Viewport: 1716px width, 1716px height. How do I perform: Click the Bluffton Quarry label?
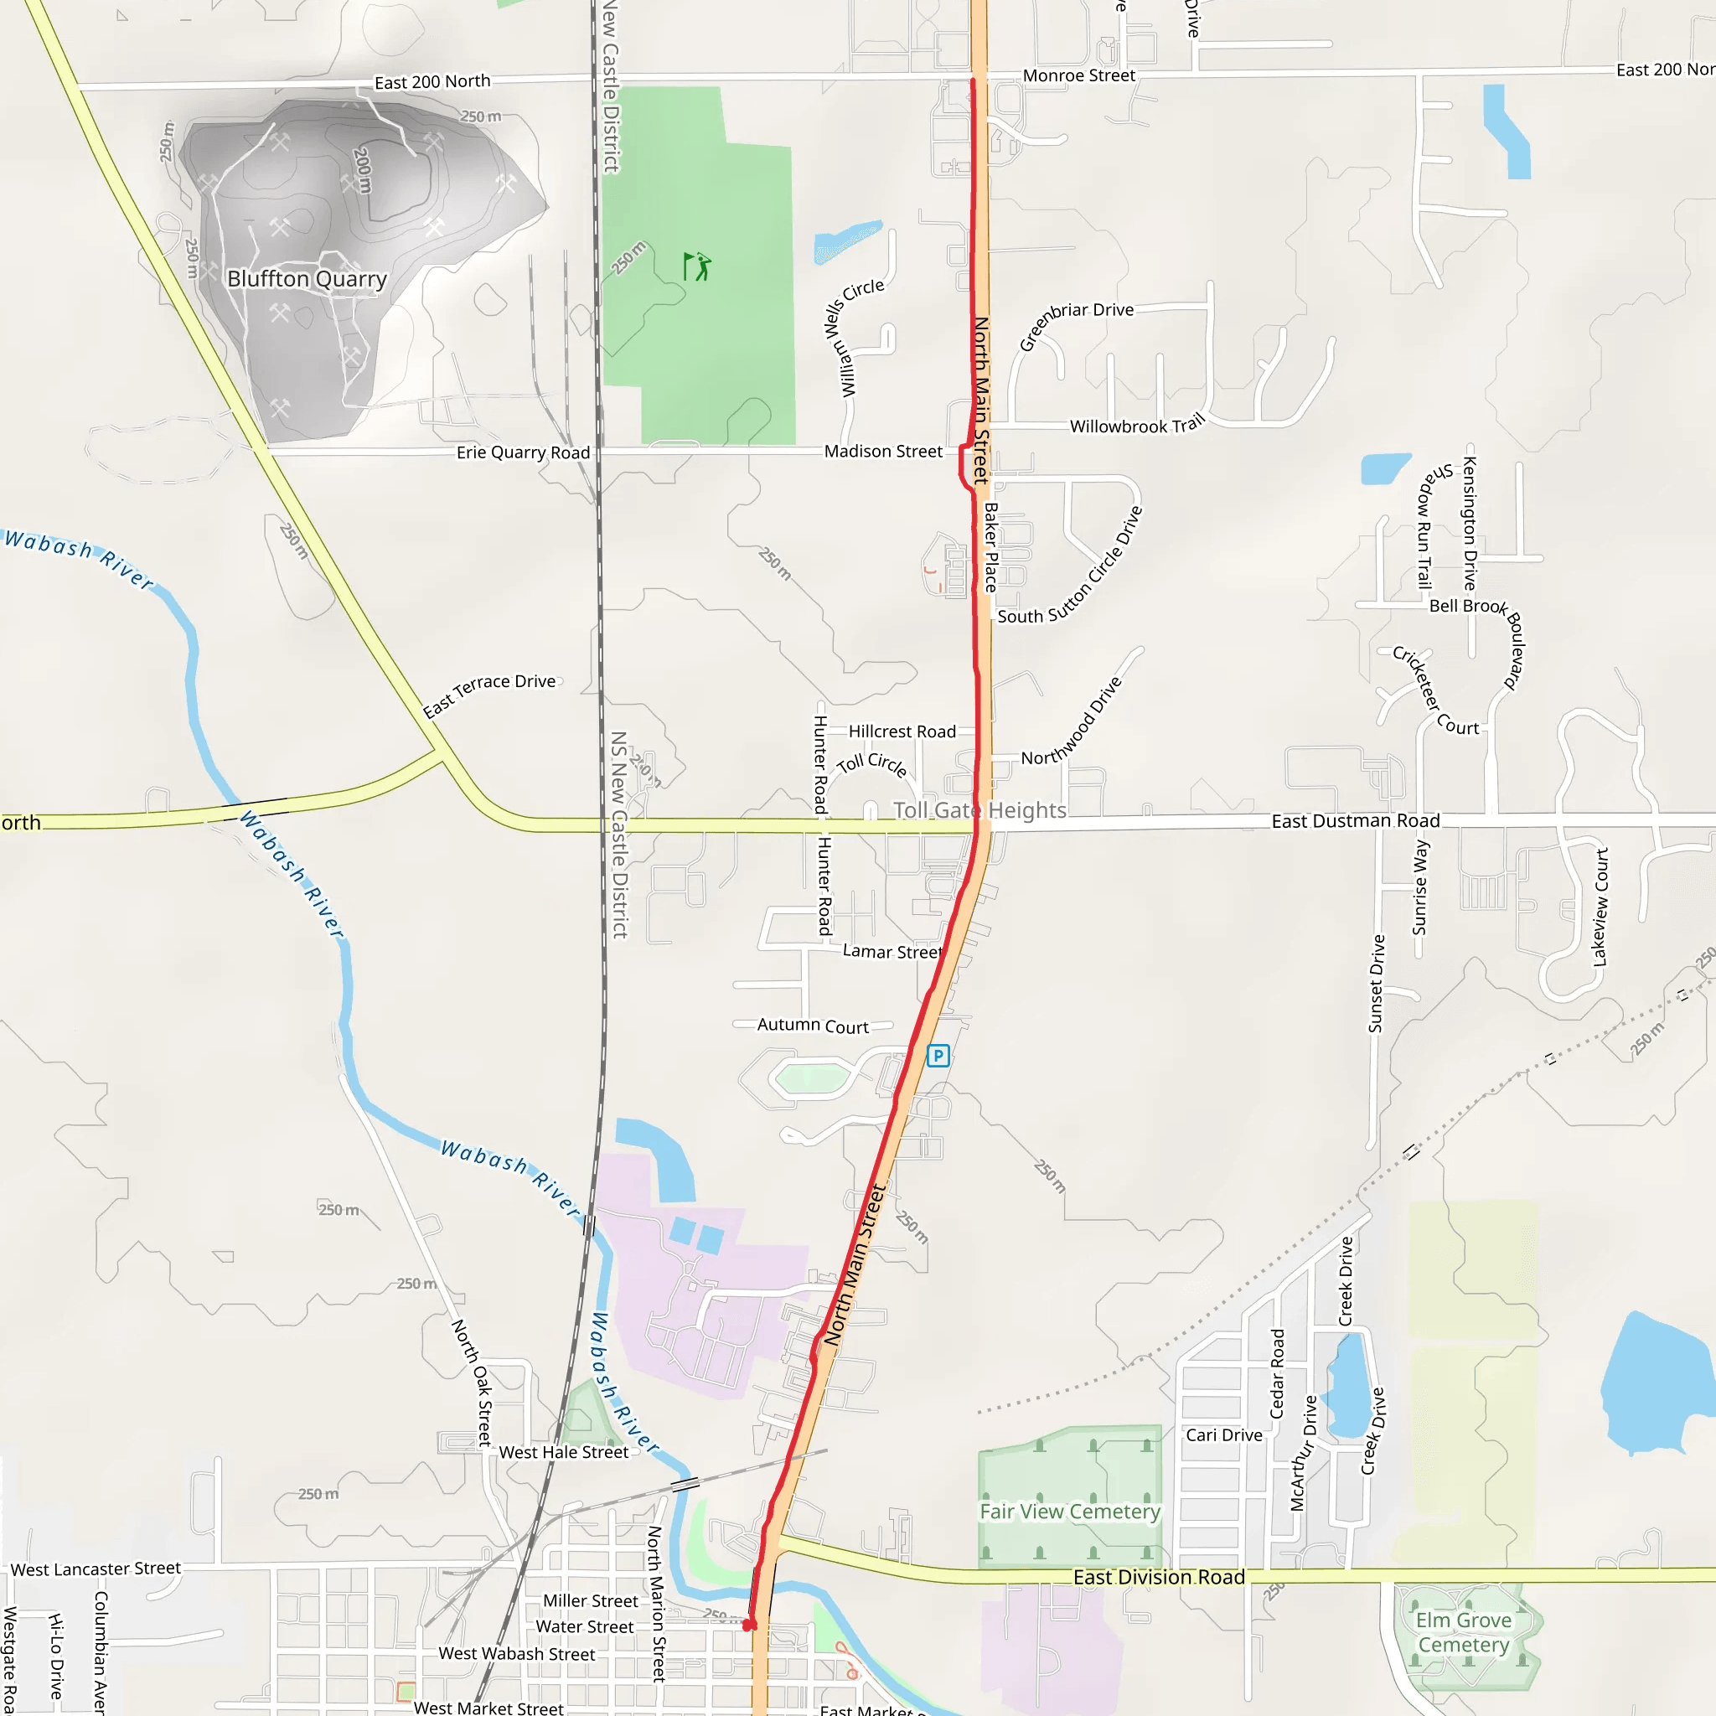click(x=307, y=279)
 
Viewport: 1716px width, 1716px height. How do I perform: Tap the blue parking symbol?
click(x=938, y=1055)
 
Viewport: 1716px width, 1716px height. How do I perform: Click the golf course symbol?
click(x=697, y=266)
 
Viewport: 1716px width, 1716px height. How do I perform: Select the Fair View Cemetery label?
click(x=1069, y=1511)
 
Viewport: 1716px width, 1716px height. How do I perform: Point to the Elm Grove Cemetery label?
click(x=1463, y=1632)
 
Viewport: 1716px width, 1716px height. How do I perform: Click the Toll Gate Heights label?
click(x=979, y=810)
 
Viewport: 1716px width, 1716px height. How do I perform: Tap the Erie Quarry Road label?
click(x=523, y=452)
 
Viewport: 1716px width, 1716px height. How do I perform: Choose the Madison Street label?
click(x=883, y=452)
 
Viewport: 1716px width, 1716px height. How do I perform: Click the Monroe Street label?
click(x=1078, y=75)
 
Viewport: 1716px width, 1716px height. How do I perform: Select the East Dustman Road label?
click(x=1356, y=820)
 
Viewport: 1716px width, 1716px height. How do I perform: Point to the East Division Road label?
click(x=1158, y=1577)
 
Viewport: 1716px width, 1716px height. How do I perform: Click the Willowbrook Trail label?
click(x=1137, y=425)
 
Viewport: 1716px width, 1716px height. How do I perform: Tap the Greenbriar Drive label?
click(x=1075, y=322)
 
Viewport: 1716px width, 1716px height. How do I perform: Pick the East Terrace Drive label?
click(x=489, y=694)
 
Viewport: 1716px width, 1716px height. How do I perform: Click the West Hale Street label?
click(x=563, y=1452)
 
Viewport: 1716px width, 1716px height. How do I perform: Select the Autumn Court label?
click(x=813, y=1025)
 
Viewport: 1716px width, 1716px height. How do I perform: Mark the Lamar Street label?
click(x=892, y=951)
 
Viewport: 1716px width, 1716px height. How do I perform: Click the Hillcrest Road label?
click(x=902, y=731)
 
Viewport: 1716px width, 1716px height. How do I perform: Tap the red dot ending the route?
click(x=749, y=1625)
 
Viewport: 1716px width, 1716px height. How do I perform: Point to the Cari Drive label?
click(x=1224, y=1435)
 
